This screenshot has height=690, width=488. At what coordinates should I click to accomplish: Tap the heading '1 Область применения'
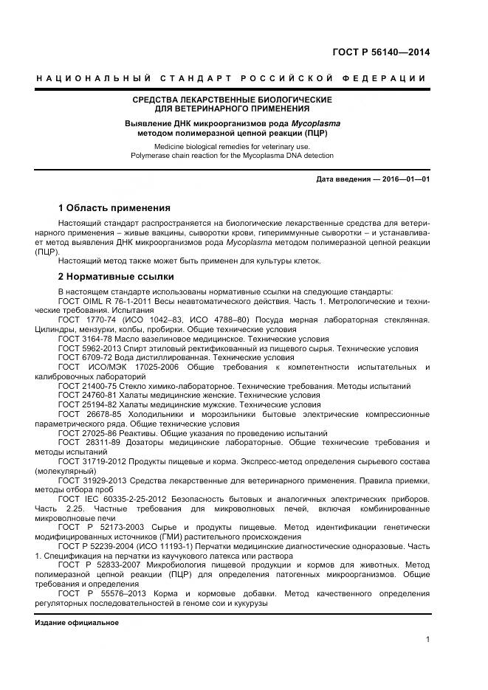(114, 208)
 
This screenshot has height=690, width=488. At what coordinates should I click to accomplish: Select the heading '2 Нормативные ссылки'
(116, 277)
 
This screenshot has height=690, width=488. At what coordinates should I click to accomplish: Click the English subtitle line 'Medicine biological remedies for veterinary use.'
(232, 147)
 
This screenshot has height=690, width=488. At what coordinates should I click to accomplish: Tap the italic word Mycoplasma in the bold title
(293, 124)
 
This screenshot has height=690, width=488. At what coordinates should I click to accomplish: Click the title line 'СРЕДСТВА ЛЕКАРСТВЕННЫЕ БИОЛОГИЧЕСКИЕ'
(232, 99)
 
